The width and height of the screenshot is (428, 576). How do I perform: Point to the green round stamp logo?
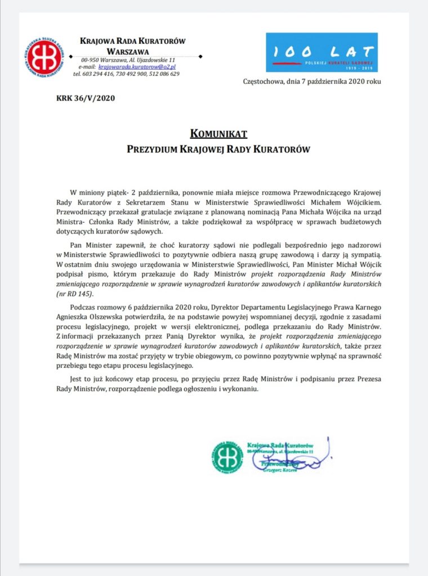point(228,456)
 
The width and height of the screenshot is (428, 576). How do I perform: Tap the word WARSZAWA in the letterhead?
point(133,51)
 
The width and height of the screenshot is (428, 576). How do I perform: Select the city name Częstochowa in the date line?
point(263,81)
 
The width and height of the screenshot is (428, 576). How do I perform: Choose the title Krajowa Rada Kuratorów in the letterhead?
point(133,42)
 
